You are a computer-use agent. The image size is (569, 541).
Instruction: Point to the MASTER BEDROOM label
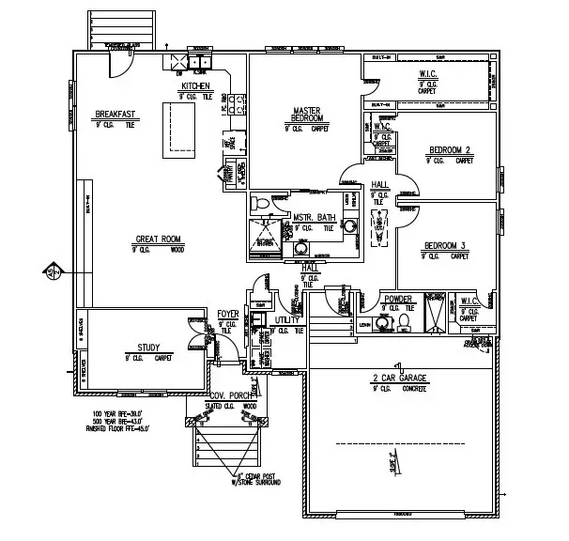point(307,114)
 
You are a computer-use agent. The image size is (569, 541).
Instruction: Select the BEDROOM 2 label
point(450,150)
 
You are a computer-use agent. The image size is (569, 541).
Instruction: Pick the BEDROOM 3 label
point(443,245)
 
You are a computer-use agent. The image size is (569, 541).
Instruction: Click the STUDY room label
point(149,346)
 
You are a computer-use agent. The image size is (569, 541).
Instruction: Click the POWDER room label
point(398,300)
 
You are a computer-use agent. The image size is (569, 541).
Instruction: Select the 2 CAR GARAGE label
point(398,378)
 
